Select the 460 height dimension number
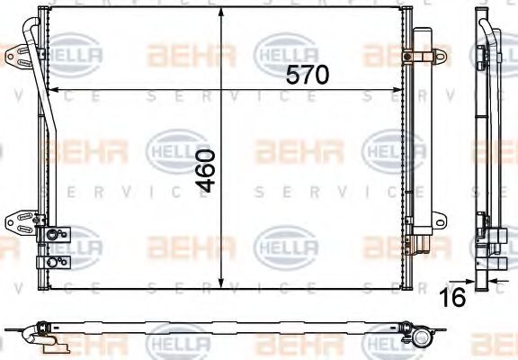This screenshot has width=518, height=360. click(x=207, y=170)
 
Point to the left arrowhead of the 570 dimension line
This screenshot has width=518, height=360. click(x=50, y=90)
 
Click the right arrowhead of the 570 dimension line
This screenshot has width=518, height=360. click(x=403, y=90)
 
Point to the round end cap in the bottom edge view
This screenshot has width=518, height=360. click(x=422, y=339)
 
